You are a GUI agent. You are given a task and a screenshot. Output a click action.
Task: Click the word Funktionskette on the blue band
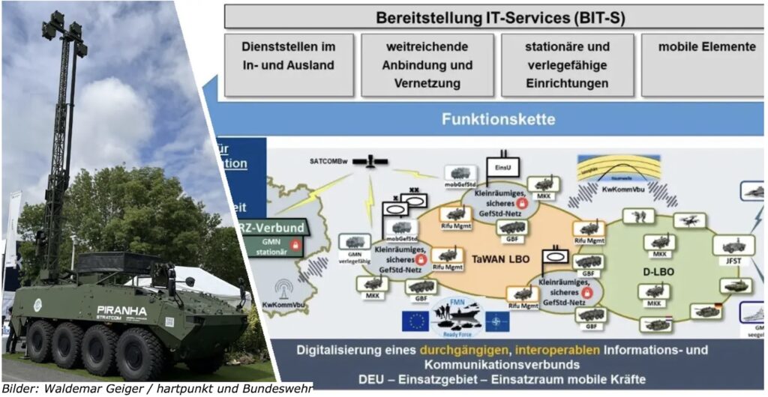(x=498, y=119)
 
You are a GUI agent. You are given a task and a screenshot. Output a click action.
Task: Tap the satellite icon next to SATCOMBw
(x=370, y=161)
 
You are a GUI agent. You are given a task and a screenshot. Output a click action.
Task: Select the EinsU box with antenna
(x=502, y=166)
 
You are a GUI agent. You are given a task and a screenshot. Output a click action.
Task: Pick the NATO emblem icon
(x=496, y=322)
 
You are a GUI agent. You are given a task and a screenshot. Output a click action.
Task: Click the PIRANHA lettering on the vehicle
(x=121, y=310)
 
